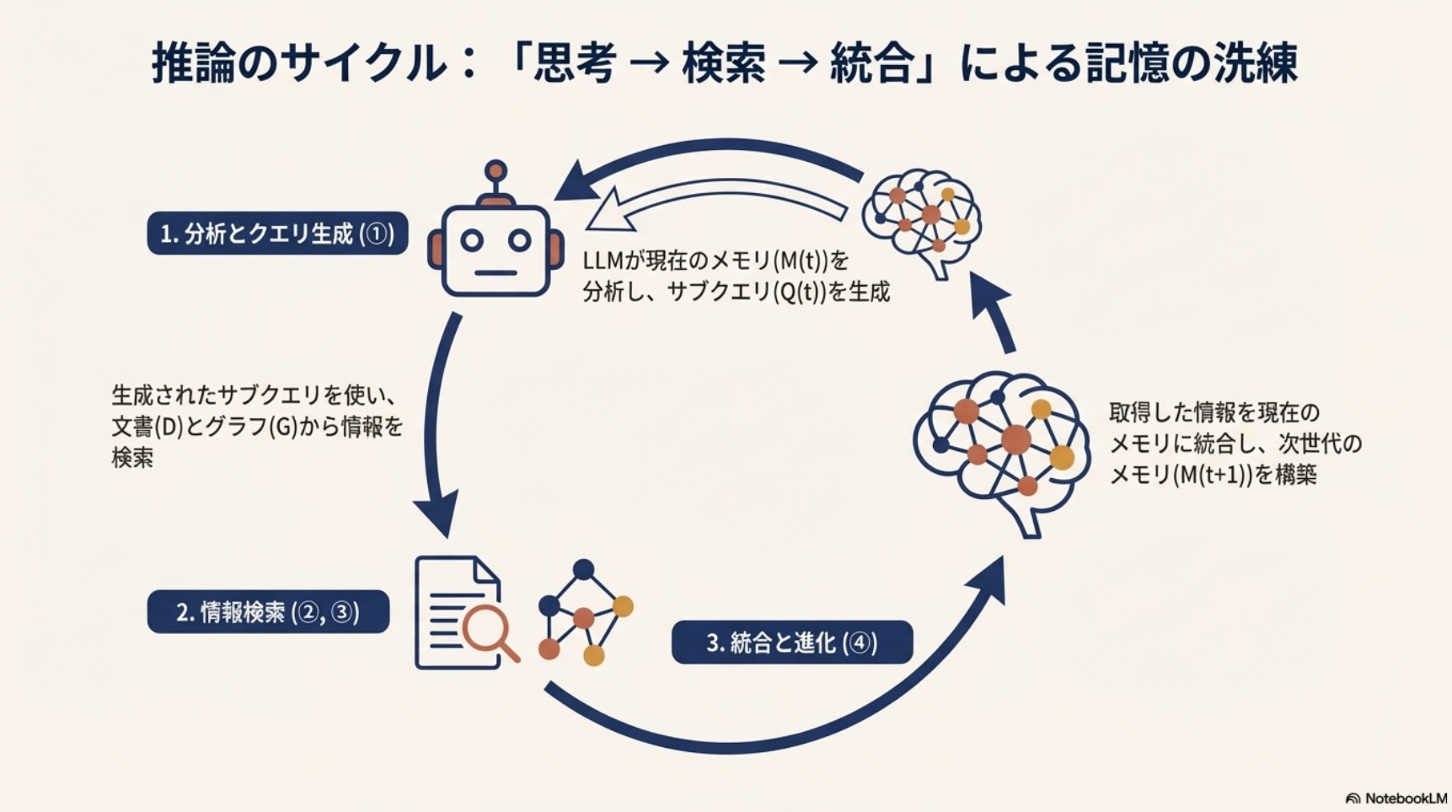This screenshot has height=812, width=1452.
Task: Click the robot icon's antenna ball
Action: tap(496, 171)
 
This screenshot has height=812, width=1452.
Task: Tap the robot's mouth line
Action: tap(496, 273)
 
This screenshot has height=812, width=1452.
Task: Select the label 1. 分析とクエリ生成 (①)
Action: tap(277, 234)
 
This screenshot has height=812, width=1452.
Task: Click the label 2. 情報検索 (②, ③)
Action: tap(268, 612)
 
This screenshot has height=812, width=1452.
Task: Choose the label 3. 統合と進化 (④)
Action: tap(791, 643)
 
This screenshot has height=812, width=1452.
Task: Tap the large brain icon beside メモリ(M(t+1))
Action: tap(1003, 447)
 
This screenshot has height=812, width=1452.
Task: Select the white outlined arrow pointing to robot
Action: tap(716, 202)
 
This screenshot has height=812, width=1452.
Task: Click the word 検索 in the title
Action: tap(724, 63)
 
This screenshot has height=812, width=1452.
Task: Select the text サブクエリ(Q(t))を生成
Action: tap(779, 293)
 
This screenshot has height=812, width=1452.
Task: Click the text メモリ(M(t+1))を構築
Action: tap(1213, 475)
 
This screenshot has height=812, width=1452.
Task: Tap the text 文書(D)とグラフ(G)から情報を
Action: tap(257, 427)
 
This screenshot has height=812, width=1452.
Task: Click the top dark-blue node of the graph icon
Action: tap(583, 570)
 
